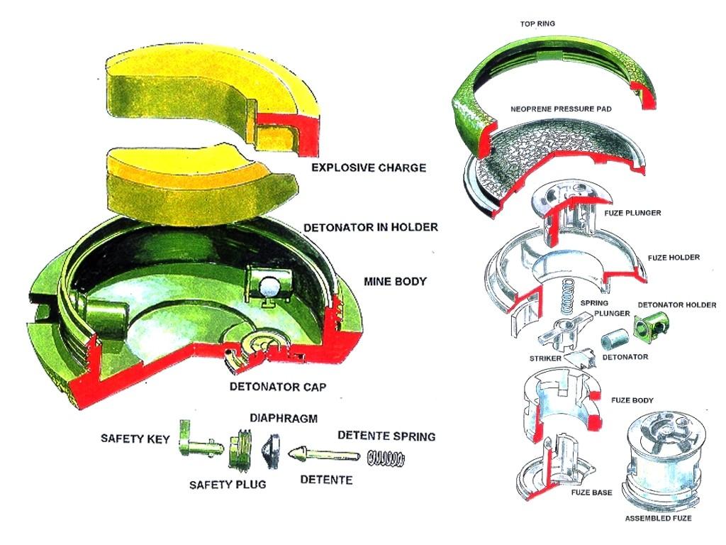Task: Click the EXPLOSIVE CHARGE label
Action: [369, 168]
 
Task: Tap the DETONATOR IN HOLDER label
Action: [370, 228]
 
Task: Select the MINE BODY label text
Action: [395, 282]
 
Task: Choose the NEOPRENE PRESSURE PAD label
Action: [561, 109]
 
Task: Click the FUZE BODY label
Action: [634, 400]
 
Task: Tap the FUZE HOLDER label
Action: [674, 257]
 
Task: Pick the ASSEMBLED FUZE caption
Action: [657, 519]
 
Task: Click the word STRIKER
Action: [544, 360]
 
